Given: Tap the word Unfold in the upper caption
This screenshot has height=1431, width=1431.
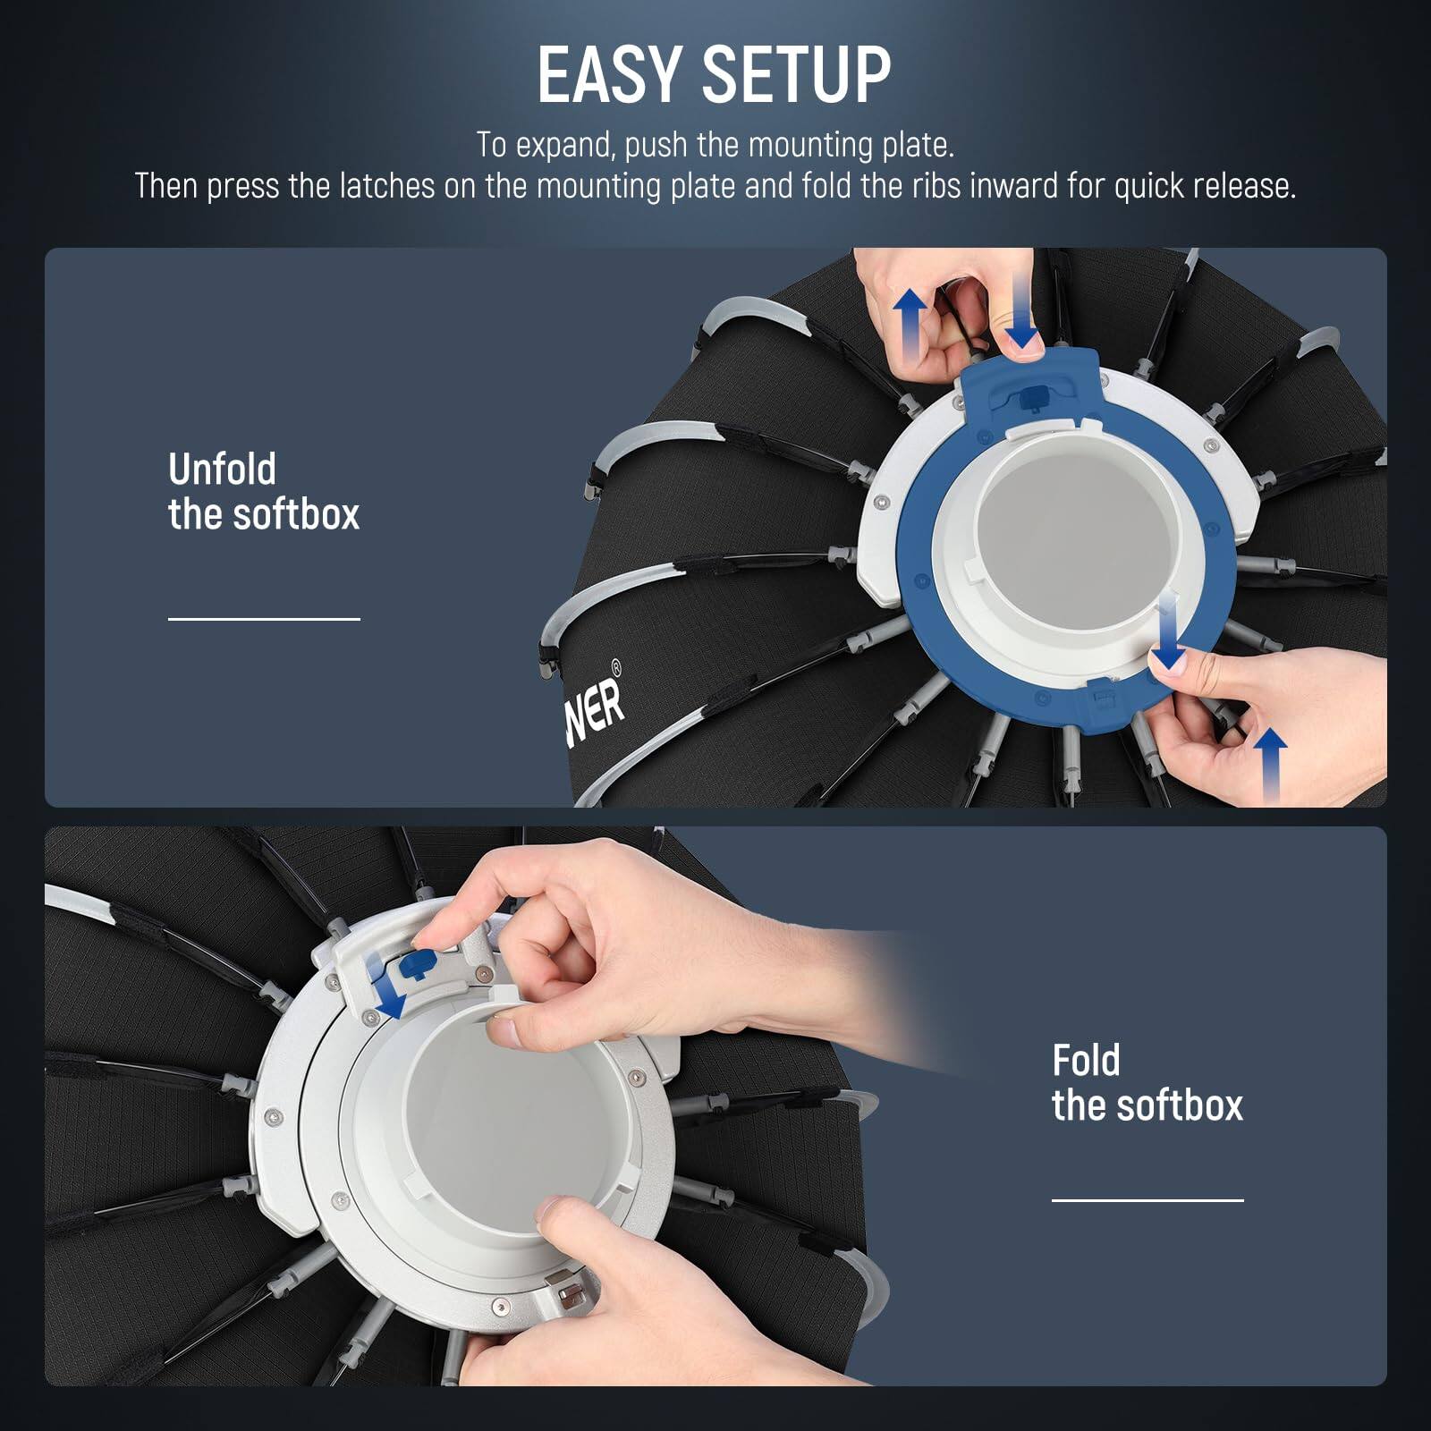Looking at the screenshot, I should coord(222,470).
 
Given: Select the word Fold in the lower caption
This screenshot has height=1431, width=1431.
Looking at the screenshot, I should coord(1086,1061).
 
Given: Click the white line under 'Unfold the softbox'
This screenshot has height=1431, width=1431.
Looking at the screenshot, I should coord(264,618).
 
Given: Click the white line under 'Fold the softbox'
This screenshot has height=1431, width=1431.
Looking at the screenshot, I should coord(1147,1200).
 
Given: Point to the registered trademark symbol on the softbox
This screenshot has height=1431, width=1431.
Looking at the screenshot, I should coord(615,666).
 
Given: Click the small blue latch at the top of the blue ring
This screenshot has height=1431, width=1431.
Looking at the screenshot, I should coord(1035,394).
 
